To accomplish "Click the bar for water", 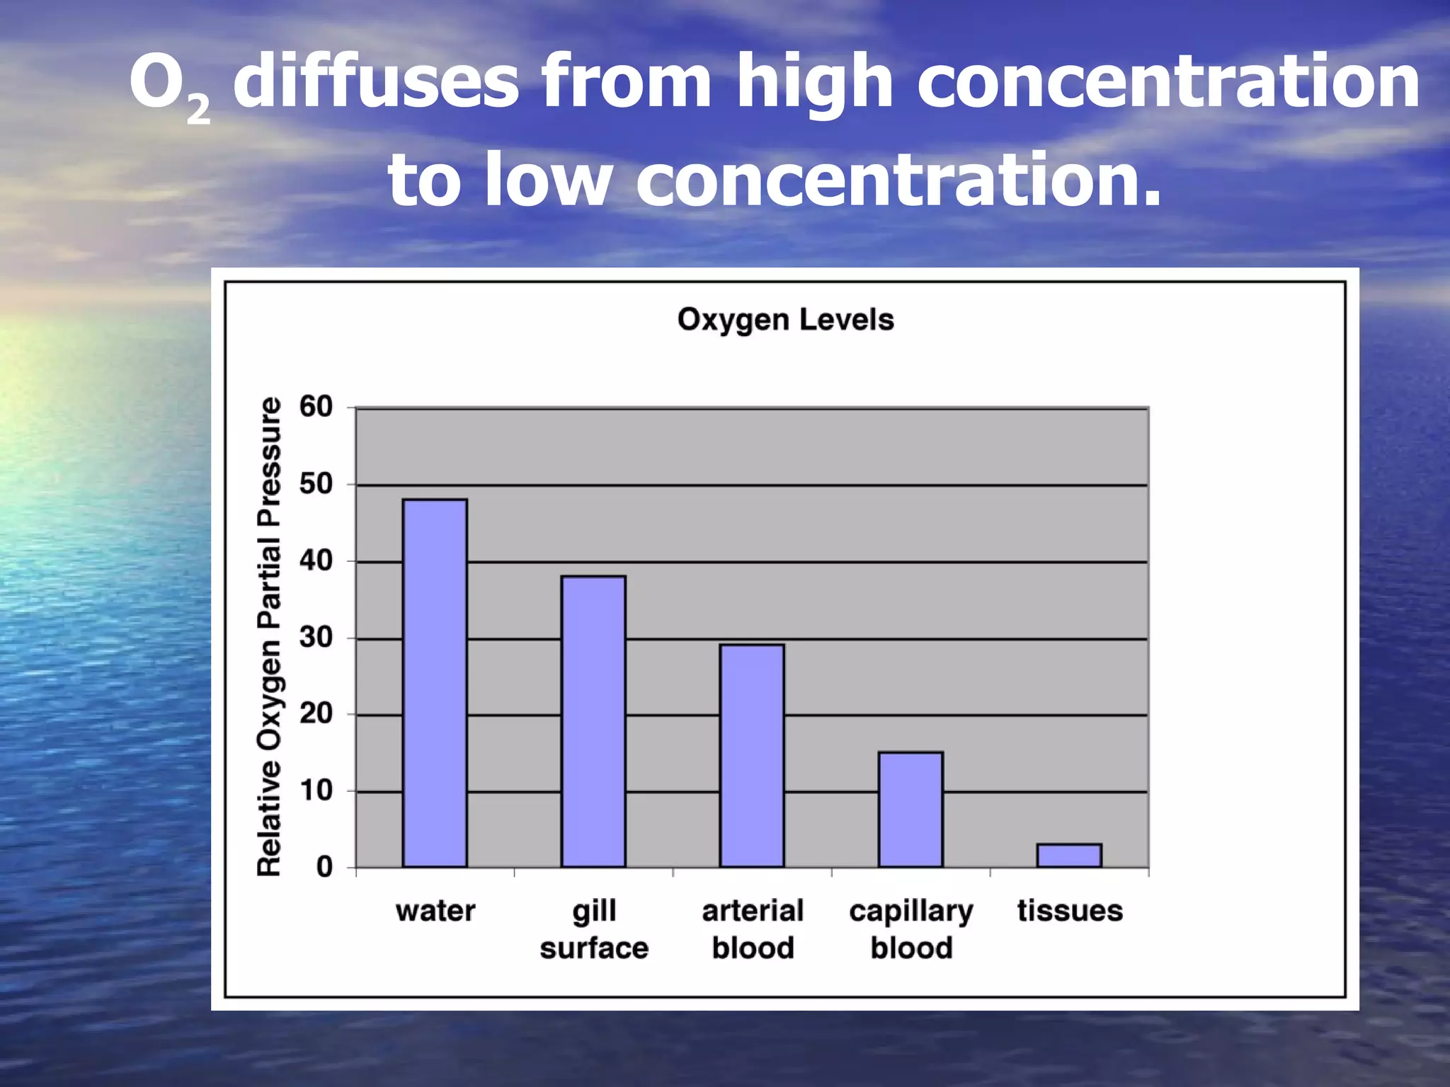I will pos(435,683).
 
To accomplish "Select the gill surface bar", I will pos(593,721).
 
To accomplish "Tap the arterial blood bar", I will pos(752,755).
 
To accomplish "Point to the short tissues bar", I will pos(1069,855).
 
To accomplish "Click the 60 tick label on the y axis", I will pos(316,407).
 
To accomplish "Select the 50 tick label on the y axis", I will pos(316,484).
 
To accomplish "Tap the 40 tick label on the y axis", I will pos(316,561).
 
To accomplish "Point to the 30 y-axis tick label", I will pos(316,638).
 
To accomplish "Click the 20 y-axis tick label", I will pos(316,713).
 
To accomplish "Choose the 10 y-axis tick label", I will pos(316,790).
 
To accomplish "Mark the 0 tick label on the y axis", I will pos(324,866).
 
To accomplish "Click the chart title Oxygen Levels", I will pos(785,320).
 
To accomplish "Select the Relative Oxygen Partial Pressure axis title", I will pos(269,637).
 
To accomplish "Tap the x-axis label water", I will pos(435,911).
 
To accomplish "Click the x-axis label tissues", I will pos(1070,911).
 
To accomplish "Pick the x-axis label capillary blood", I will pos(911,928).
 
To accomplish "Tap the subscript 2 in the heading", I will pos(199,110).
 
